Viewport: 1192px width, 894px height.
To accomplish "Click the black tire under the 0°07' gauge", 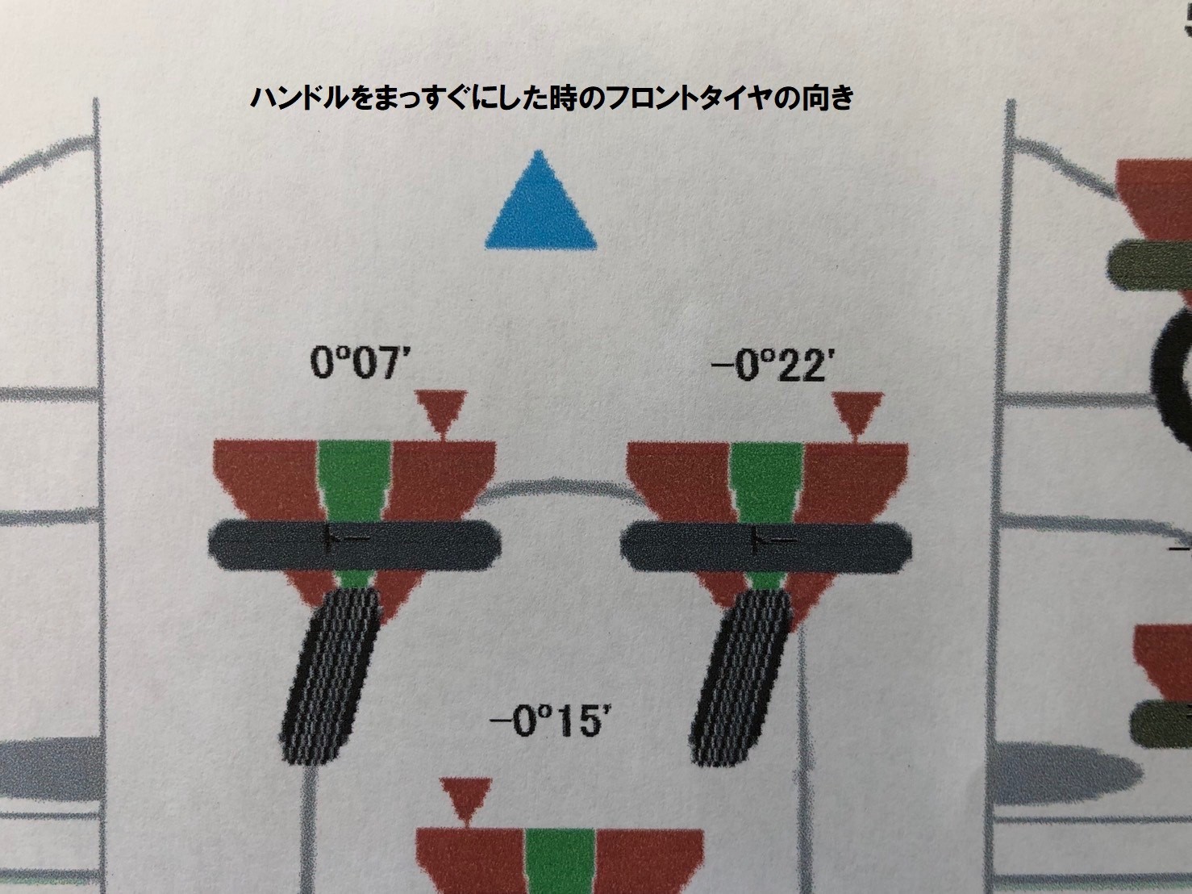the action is [x=331, y=675].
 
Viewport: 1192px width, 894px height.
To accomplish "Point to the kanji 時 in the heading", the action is [x=563, y=99].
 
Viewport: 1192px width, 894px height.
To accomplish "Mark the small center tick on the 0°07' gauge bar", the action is [x=327, y=540].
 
